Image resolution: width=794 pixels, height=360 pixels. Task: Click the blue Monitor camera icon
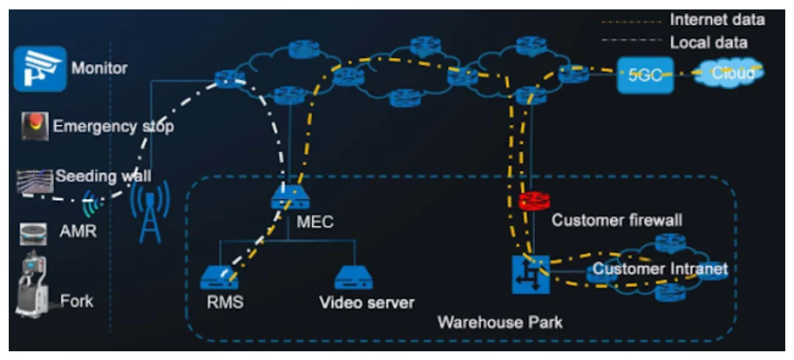click(40, 68)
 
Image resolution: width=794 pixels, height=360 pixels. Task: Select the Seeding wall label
click(103, 176)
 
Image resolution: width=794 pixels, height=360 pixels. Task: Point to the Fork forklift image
click(33, 286)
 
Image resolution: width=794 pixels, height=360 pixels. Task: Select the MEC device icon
click(289, 196)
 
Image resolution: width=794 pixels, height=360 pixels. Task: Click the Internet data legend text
click(717, 20)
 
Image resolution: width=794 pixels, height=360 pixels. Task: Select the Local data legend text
click(708, 43)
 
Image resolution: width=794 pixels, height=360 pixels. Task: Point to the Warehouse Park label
click(499, 322)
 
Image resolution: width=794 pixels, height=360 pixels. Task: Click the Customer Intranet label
click(659, 270)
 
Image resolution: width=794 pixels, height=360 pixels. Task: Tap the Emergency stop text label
click(113, 127)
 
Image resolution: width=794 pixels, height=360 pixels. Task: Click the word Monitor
click(99, 68)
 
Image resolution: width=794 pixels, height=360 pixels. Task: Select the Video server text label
click(367, 303)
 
